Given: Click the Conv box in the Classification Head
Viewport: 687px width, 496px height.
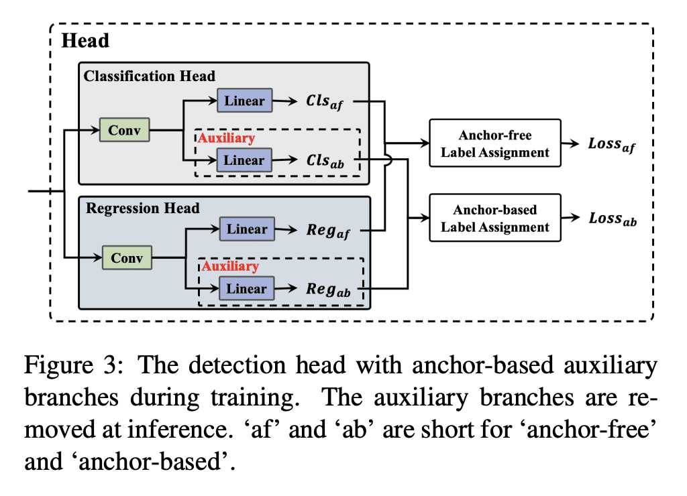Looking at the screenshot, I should coord(124,130).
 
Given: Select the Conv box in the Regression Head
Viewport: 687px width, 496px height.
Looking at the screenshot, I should coord(127,257).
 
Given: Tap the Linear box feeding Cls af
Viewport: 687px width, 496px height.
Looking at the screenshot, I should coord(244,102).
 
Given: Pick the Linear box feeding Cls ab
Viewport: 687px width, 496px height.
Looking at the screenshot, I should coord(244,161).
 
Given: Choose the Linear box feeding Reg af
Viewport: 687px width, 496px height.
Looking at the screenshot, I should coord(247,229).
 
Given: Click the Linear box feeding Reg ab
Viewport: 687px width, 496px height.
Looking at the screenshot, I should coord(247,289).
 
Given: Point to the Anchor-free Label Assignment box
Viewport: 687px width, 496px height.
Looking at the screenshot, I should coord(495,143).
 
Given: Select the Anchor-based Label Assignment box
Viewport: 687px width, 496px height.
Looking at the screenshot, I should coord(495,219).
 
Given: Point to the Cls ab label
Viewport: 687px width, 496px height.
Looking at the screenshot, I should coord(325,162).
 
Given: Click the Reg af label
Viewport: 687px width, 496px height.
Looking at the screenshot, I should coord(329,231).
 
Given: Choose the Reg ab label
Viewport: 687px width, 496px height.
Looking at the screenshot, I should coord(329,290).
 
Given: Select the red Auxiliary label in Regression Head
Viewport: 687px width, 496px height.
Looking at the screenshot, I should coord(230,266).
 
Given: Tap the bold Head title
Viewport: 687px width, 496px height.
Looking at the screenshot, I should coord(85,41).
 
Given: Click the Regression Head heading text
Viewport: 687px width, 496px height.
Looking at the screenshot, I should coord(143,208).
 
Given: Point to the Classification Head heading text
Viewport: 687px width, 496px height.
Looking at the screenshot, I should coord(150,76).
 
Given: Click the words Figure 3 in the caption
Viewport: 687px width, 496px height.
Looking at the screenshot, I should coord(64,366).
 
